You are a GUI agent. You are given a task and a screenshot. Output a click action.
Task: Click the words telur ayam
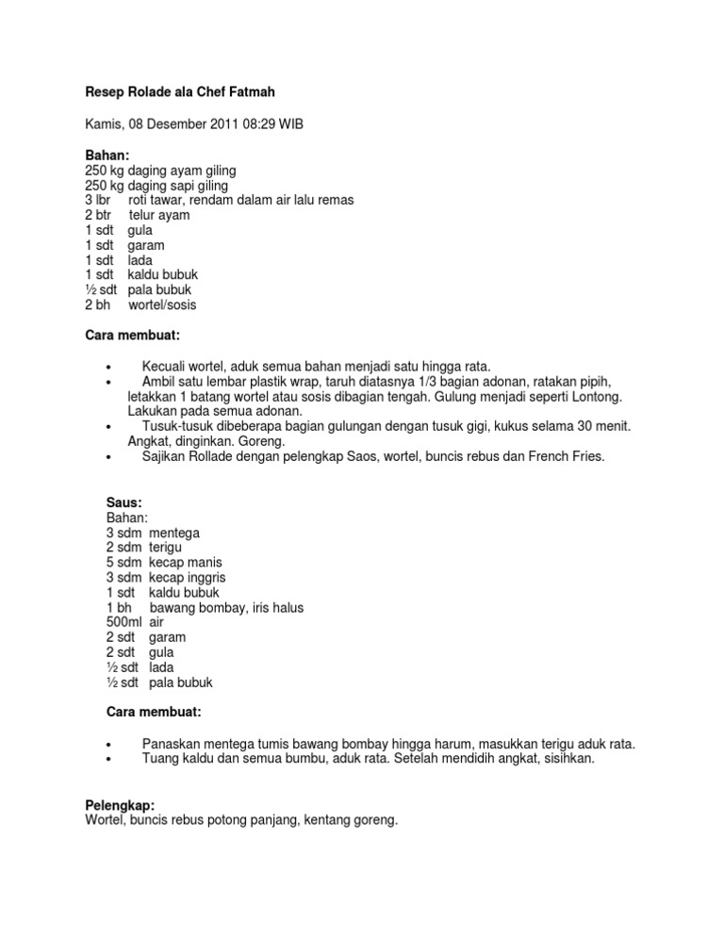coord(159,215)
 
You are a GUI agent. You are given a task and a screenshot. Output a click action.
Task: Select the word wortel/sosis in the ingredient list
coord(162,305)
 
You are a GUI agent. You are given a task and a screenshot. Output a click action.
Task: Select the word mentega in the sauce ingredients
coord(174,533)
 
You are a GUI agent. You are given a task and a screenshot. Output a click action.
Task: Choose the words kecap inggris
coord(188,578)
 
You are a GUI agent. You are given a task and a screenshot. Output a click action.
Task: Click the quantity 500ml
coord(124,623)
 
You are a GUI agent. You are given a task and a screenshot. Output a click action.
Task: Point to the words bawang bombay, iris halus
coord(226,608)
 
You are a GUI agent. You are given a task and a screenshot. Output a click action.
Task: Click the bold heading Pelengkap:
coord(120,805)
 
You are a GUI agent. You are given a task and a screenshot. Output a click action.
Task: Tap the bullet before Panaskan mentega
coord(110,745)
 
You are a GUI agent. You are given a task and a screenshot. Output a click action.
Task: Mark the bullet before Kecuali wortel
coord(110,366)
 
